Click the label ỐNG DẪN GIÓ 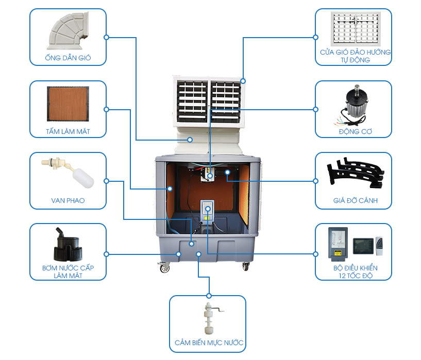tap(68, 58)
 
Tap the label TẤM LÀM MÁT tap(68, 132)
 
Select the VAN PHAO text tap(68, 200)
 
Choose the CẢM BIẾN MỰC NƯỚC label tap(208, 342)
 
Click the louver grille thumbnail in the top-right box tap(353, 29)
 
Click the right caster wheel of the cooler tap(246, 266)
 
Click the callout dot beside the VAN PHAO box tap(107, 181)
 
